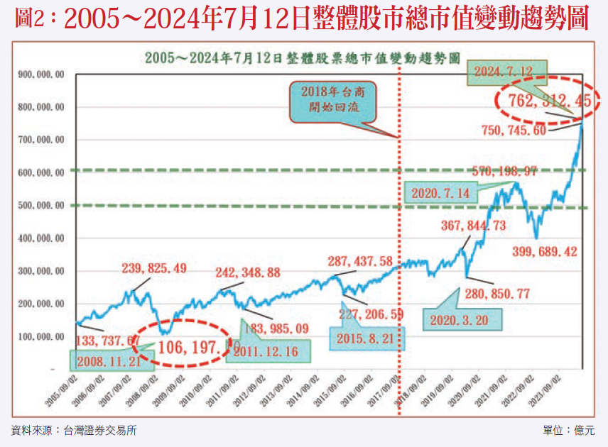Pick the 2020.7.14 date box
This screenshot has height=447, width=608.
[x=441, y=192]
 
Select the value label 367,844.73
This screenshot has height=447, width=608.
[x=474, y=226]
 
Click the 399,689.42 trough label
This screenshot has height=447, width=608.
[x=545, y=251]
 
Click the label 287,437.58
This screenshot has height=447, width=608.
[x=369, y=262]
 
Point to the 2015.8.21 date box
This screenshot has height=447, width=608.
[x=365, y=340]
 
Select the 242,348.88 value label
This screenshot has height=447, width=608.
[x=249, y=272]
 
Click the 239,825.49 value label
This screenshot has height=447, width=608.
[x=154, y=268]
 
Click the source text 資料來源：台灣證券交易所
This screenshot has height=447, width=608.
[x=74, y=430]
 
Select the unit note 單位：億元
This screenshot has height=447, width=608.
[x=568, y=430]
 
